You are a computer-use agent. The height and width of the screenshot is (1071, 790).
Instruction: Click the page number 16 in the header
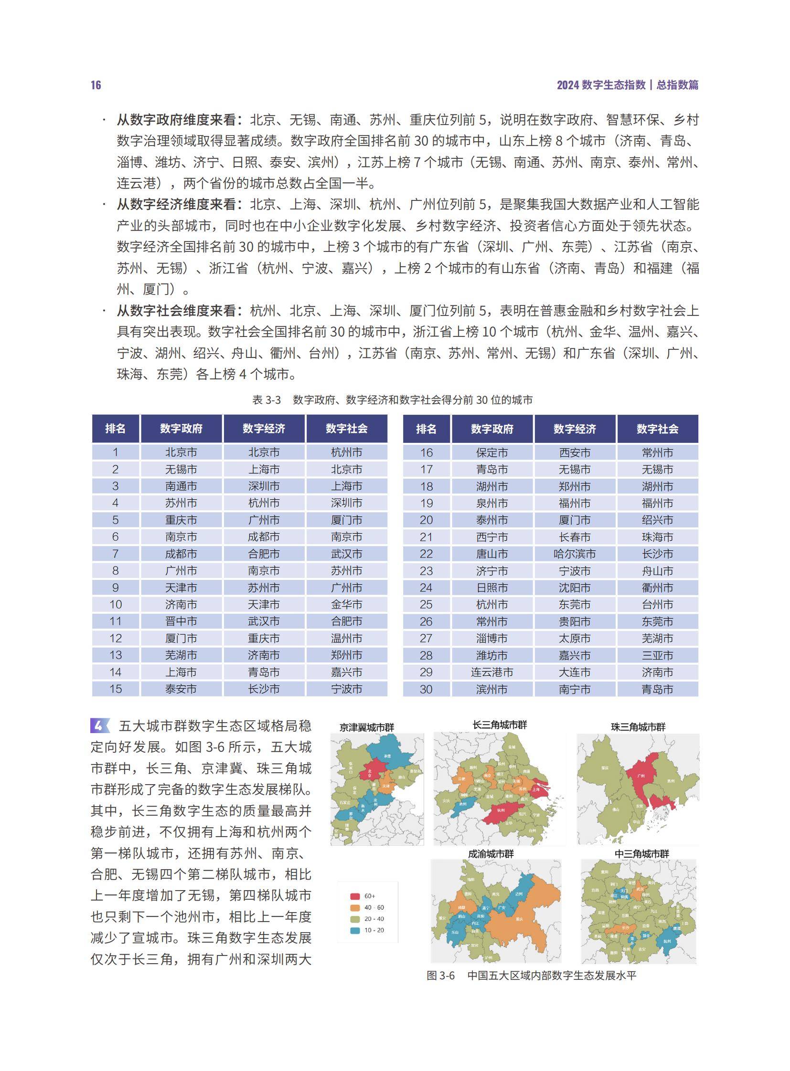click(96, 85)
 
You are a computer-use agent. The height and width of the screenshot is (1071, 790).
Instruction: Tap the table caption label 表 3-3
click(266, 400)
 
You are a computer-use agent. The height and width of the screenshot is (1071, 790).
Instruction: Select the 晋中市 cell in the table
click(181, 621)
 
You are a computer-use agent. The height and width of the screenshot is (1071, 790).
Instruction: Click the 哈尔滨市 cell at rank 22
click(574, 554)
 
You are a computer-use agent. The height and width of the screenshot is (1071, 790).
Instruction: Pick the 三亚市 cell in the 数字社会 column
click(657, 655)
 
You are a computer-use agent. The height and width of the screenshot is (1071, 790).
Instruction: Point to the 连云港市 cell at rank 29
click(491, 672)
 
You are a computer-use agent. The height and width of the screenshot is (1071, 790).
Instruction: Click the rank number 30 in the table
click(426, 689)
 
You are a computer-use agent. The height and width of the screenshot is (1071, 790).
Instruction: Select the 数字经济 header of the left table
click(264, 429)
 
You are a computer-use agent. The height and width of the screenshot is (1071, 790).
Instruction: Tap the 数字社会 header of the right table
click(657, 429)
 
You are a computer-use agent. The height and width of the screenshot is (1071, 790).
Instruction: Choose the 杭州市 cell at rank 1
click(346, 452)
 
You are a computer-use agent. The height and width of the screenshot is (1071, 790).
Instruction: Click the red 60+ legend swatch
click(355, 896)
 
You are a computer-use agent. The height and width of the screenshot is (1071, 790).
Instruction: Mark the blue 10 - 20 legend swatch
click(355, 931)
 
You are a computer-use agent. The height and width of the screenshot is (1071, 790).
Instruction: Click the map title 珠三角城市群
click(638, 727)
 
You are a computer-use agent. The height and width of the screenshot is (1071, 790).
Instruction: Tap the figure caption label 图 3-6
click(440, 976)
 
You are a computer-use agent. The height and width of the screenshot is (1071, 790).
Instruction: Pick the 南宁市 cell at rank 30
click(574, 689)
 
